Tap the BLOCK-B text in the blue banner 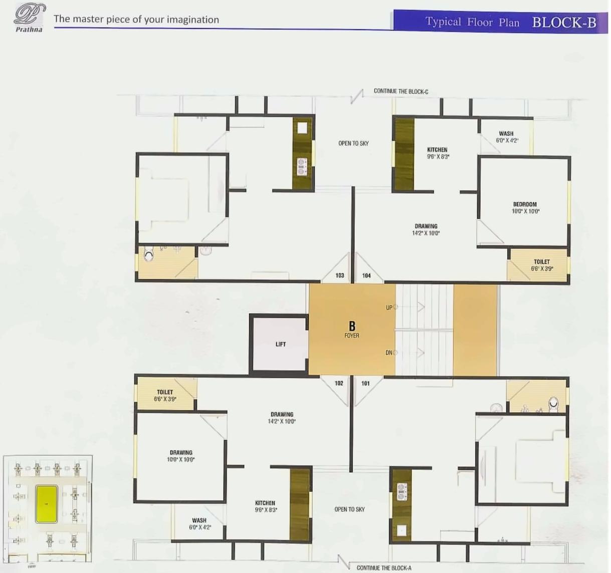pyautogui.click(x=564, y=23)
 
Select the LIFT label pyautogui.click(x=281, y=344)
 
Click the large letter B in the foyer pyautogui.click(x=352, y=327)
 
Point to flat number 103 pyautogui.click(x=340, y=275)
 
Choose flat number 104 pyautogui.click(x=366, y=275)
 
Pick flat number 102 pyautogui.click(x=339, y=383)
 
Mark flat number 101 pyautogui.click(x=365, y=383)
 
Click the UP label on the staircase pyautogui.click(x=389, y=308)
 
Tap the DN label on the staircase pyautogui.click(x=389, y=353)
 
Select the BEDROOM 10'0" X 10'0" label pyautogui.click(x=525, y=207)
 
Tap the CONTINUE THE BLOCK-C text pyautogui.click(x=400, y=91)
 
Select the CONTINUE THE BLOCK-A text pyautogui.click(x=384, y=567)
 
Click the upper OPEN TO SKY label pyautogui.click(x=353, y=143)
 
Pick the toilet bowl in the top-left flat pyautogui.click(x=148, y=255)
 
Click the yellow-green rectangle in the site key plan pyautogui.click(x=47, y=503)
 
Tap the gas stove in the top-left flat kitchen pyautogui.click(x=302, y=167)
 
